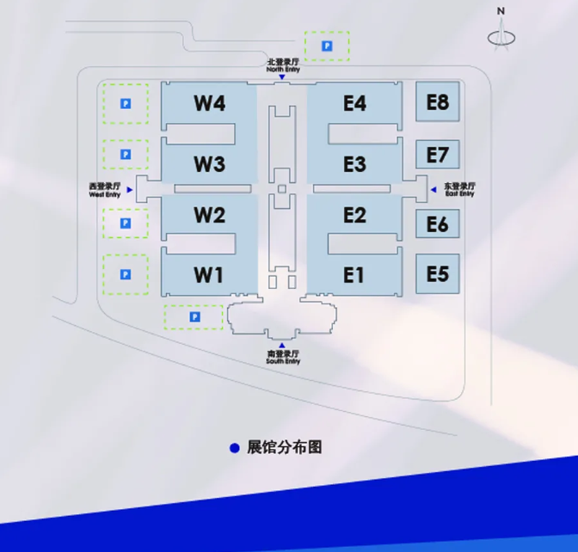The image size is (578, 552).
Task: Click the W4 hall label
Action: click(x=210, y=103)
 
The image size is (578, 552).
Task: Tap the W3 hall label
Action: click(x=210, y=163)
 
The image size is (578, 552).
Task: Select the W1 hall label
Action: click(x=209, y=275)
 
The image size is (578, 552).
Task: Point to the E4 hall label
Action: click(x=354, y=103)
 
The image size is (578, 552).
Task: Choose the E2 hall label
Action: click(x=354, y=215)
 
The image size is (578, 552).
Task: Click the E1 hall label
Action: click(x=354, y=275)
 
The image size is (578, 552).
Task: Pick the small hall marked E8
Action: click(x=438, y=102)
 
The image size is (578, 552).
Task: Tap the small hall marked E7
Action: click(x=438, y=155)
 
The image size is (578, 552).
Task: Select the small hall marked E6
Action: click(x=438, y=224)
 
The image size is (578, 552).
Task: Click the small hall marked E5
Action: click(x=438, y=274)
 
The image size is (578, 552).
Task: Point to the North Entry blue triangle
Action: click(x=282, y=77)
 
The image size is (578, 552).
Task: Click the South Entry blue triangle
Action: click(x=282, y=346)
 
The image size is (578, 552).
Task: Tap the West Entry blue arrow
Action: click(x=130, y=189)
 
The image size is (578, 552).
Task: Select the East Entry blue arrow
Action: click(x=433, y=189)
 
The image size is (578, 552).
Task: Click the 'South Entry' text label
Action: click(x=283, y=362)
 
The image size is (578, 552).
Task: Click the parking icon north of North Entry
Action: click(x=327, y=46)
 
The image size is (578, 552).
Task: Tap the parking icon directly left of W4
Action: click(x=126, y=104)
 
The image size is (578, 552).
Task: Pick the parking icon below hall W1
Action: click(x=194, y=317)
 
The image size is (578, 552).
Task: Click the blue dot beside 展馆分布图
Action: click(x=234, y=448)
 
